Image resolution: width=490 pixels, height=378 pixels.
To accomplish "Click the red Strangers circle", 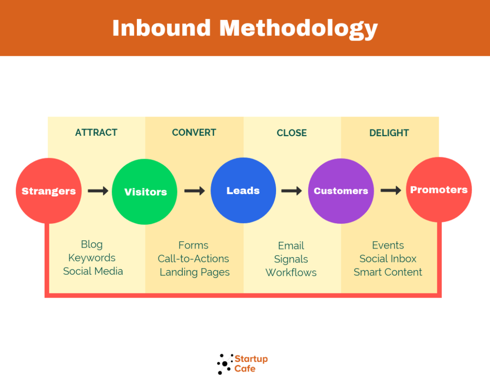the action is tap(49, 191).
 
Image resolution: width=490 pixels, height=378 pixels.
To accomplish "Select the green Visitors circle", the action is tap(145, 192).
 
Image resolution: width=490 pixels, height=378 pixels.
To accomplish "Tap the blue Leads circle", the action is tap(243, 190).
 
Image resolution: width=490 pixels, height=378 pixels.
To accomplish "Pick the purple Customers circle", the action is tap(341, 191).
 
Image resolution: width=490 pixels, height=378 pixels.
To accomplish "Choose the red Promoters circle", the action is tap(439, 190).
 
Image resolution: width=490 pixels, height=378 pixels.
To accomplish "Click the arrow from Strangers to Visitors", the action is tap(98, 191).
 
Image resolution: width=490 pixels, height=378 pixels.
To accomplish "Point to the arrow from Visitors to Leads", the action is tap(194, 191).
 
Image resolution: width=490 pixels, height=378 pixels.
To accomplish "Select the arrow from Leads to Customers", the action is tap(291, 191).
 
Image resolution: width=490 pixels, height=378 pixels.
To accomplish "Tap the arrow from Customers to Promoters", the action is tap(390, 190).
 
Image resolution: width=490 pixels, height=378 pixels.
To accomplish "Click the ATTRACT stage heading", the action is tap(96, 133).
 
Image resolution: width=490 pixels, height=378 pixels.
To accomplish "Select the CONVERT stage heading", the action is tap(194, 133).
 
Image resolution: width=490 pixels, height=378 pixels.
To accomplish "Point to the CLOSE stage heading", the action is tap(291, 133).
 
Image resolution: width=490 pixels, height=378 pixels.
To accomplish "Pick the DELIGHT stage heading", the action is tap(389, 133).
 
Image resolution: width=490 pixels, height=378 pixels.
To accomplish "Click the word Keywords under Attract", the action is tap(92, 258).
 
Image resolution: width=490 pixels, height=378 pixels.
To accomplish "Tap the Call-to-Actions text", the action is tap(193, 259).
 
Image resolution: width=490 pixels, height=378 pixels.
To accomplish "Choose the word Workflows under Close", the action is tap(291, 272).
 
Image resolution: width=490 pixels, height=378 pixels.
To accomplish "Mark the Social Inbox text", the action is tap(388, 259).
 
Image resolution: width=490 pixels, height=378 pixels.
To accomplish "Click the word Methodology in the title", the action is tap(299, 29).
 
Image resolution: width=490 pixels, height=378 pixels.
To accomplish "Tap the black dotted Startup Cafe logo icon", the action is tap(225, 364).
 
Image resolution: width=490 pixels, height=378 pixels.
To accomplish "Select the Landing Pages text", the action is tap(195, 272).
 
